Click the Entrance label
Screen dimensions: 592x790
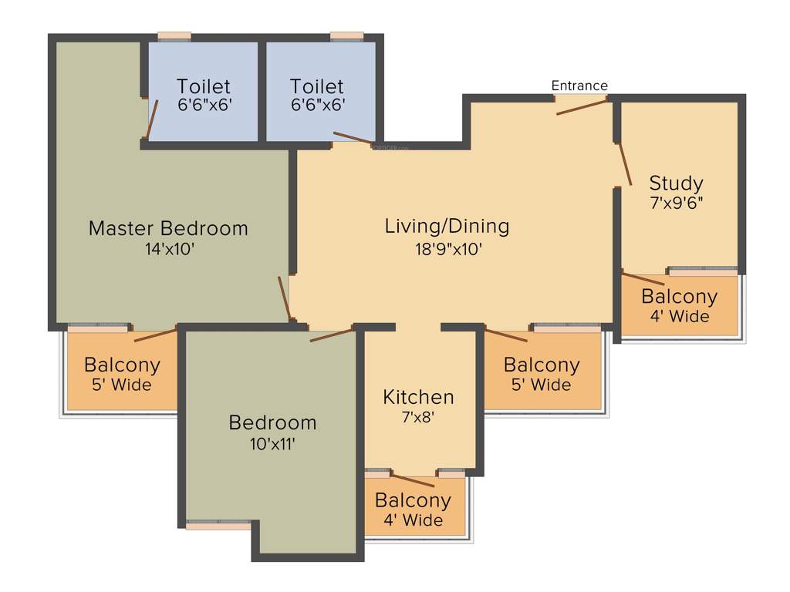pyautogui.click(x=579, y=86)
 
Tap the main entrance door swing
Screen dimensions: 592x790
pyautogui.click(x=582, y=106)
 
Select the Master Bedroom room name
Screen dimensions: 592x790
pyautogui.click(x=168, y=228)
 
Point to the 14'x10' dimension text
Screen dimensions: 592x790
pyautogui.click(x=168, y=250)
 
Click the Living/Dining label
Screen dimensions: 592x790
pyautogui.click(x=447, y=226)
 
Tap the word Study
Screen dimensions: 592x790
pyautogui.click(x=676, y=183)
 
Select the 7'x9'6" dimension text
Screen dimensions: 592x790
pyautogui.click(x=676, y=203)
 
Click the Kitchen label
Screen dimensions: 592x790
pyautogui.click(x=418, y=398)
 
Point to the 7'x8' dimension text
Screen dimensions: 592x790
pyautogui.click(x=418, y=419)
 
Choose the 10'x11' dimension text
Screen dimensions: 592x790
pyautogui.click(x=272, y=443)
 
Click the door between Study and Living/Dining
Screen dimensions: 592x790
pyautogui.click(x=624, y=164)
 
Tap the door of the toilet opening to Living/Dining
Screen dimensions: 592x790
pyautogui.click(x=352, y=138)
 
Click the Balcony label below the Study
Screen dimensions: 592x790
pyautogui.click(x=679, y=297)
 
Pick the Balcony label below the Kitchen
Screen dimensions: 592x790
pyautogui.click(x=413, y=500)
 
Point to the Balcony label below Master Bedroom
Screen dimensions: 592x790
pyautogui.click(x=122, y=365)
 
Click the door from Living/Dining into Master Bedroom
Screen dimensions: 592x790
pyautogui.click(x=285, y=298)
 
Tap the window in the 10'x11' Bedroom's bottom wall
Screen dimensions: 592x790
pyautogui.click(x=218, y=526)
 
